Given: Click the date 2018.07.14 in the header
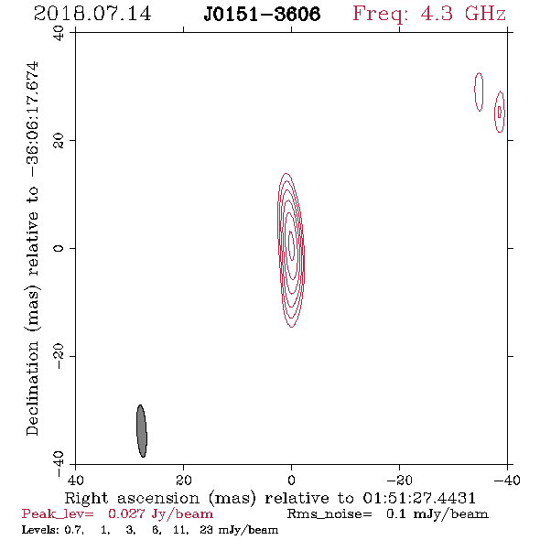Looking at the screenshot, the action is [x=92, y=14].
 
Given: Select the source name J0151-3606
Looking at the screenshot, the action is [x=262, y=15].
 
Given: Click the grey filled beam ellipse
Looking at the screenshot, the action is [x=142, y=431].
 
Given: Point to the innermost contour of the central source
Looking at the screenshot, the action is [x=291, y=245].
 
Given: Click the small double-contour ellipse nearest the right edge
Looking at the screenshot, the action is [x=500, y=112].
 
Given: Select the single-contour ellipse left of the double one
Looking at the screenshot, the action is [x=479, y=92].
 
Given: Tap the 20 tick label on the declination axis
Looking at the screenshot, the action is [x=59, y=141].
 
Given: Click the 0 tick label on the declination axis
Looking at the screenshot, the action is [x=59, y=248].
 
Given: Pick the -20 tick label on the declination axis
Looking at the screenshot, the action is [x=59, y=356].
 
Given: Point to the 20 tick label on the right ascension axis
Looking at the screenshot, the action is [x=184, y=480].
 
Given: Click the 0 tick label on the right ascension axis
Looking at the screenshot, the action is [x=292, y=480].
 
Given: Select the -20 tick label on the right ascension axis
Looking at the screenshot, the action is [x=399, y=480].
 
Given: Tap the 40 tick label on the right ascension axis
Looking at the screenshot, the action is [x=75, y=480].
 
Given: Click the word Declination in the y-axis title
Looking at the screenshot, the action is [x=32, y=389].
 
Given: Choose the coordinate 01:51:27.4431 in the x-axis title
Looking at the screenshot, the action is [x=419, y=498].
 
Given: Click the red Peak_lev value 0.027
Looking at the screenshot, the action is [x=126, y=513].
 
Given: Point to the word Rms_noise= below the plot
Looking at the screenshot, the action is [x=329, y=514].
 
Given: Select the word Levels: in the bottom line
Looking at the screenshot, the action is [x=40, y=529].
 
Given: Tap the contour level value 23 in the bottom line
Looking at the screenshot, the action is [x=206, y=529].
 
